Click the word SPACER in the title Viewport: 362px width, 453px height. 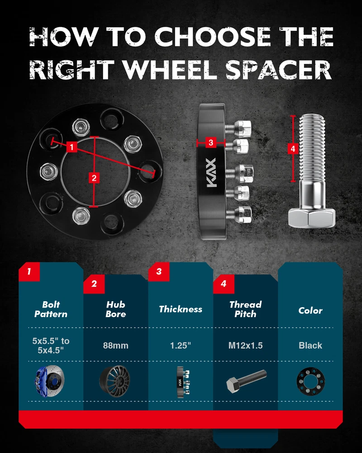point(279,70)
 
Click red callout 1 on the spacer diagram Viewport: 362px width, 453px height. point(71,147)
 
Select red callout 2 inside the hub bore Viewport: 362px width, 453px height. point(94,178)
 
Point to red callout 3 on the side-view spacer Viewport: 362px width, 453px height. point(211,142)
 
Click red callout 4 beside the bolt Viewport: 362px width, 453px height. point(293,149)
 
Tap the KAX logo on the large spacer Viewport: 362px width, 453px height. point(211,173)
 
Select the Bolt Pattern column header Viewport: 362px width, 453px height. point(51,309)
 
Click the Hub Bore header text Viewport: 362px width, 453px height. point(115,309)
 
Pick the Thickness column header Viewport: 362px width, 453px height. point(181,309)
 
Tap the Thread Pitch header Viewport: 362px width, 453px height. point(245,309)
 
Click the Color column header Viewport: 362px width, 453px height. point(310,311)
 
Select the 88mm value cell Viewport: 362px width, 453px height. point(115,346)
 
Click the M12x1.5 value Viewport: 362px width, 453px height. point(245,346)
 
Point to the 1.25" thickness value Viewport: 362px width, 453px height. point(181,346)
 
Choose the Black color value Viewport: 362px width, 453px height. point(310,346)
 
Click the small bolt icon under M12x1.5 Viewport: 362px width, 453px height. point(247,381)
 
